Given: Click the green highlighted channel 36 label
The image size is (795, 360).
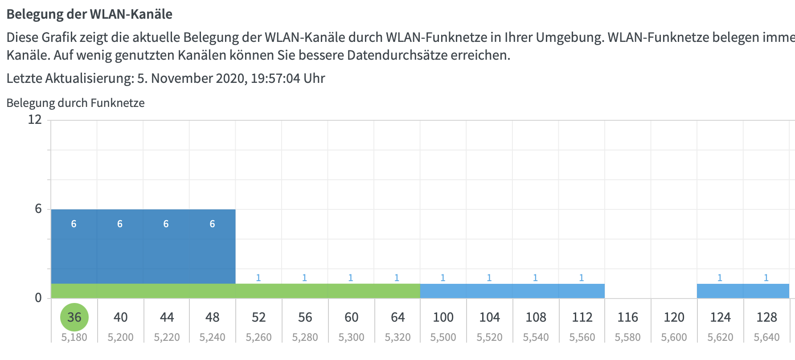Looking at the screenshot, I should pyautogui.click(x=74, y=317).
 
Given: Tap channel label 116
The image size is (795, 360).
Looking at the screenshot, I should pyautogui.click(x=627, y=317).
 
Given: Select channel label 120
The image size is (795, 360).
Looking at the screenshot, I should pyautogui.click(x=674, y=317).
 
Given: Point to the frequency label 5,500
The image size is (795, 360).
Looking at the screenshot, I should pyautogui.click(x=443, y=337).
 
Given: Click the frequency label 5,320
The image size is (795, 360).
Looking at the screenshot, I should pyautogui.click(x=397, y=337).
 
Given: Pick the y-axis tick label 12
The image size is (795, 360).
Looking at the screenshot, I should pyautogui.click(x=35, y=119).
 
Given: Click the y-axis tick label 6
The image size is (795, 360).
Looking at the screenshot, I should pyautogui.click(x=38, y=209).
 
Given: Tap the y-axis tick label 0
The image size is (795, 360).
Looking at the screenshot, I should pyautogui.click(x=38, y=298).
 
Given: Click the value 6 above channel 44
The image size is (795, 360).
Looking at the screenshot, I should pyautogui.click(x=166, y=224).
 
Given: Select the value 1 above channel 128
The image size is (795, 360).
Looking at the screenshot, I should pyautogui.click(x=766, y=278).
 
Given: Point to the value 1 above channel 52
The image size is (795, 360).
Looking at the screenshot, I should pyautogui.click(x=258, y=278).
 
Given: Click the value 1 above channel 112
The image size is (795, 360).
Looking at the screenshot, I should pyautogui.click(x=581, y=278).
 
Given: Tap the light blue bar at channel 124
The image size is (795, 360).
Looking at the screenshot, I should pyautogui.click(x=720, y=291).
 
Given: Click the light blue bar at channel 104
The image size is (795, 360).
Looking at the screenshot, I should pyautogui.click(x=489, y=291).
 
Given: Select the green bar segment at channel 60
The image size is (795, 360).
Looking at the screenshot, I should pyautogui.click(x=351, y=291).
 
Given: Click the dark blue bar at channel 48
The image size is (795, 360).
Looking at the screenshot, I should pyautogui.click(x=212, y=250).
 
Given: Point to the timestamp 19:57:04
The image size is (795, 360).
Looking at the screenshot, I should pyautogui.click(x=275, y=78).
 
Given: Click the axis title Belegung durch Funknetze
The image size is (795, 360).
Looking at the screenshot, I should pyautogui.click(x=75, y=103).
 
